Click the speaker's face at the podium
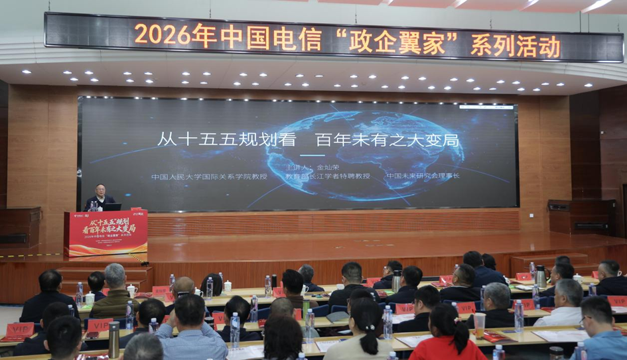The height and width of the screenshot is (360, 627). coord(101,192)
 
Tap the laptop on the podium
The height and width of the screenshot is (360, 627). coord(112,207)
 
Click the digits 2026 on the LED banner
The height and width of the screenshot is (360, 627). coord(162,33)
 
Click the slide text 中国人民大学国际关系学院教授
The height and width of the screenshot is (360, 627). coord(209,177)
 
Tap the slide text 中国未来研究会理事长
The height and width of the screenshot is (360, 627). coord(423,176)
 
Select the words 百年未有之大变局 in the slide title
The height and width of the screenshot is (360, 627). coord(387,141)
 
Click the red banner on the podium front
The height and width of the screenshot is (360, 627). coord(106,233)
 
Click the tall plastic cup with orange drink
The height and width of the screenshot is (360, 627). coord(478,325)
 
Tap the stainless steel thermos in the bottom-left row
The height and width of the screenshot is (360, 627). coord(114,339)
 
